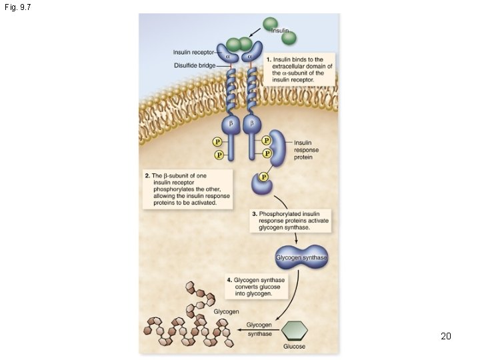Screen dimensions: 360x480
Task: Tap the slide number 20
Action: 446,336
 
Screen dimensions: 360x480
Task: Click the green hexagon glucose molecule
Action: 295,331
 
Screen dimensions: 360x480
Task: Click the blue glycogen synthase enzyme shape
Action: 301,258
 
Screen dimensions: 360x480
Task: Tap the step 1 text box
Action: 299,69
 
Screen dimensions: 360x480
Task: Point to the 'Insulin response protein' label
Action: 307,150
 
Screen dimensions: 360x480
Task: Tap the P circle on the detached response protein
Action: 264,177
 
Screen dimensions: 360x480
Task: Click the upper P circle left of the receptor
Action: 217,141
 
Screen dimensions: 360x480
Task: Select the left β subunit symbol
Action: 231,124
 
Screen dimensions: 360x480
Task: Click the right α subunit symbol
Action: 250,57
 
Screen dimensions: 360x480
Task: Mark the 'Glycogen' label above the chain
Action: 227,311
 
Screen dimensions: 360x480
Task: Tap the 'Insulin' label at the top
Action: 280,31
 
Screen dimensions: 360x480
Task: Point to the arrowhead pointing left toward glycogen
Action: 233,329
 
